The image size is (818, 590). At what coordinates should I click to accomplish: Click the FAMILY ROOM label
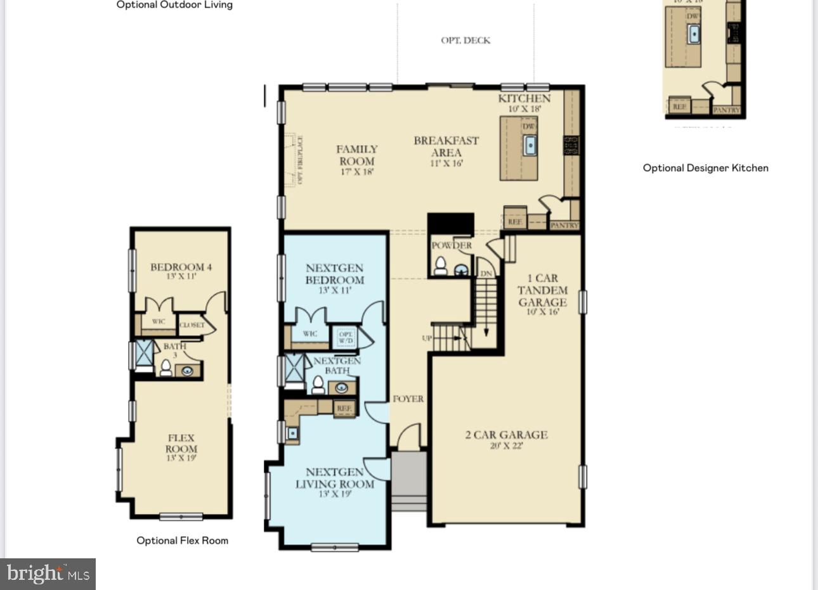coord(356,155)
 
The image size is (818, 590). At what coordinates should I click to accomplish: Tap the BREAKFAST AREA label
coord(446,146)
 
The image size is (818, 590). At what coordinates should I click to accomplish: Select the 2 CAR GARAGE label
coord(506,435)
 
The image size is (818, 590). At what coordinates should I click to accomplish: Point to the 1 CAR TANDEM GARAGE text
coord(543,290)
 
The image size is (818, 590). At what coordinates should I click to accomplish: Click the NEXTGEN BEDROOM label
coord(335,274)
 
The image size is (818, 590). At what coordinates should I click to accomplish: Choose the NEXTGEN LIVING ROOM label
coord(335,478)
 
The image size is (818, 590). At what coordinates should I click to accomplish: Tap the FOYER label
coord(408,399)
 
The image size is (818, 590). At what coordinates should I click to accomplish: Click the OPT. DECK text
coord(465,41)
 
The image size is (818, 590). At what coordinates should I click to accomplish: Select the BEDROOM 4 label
coord(181,267)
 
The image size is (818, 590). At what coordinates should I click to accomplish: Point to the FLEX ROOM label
coord(181,444)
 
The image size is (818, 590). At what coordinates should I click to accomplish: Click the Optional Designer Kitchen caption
coord(705,168)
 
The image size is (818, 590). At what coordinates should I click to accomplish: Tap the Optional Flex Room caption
coord(182,541)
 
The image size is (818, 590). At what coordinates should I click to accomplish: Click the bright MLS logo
coord(48,574)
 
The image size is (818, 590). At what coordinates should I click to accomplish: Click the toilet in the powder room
coord(440,267)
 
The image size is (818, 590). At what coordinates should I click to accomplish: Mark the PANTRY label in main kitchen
coord(564,225)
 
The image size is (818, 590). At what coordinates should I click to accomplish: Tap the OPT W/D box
coord(346,337)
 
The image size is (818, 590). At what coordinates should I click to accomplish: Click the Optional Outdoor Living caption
coord(174,5)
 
